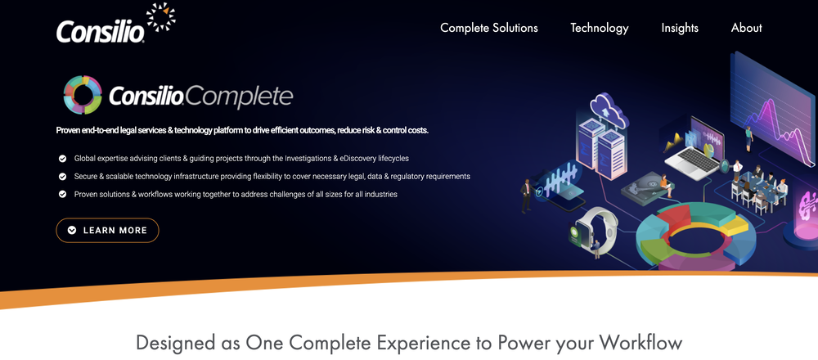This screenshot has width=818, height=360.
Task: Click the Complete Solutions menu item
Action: coord(488,28)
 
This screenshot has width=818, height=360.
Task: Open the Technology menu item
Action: coord(599,28)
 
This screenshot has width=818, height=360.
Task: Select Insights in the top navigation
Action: coord(680,28)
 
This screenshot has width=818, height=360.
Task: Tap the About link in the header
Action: coord(746,28)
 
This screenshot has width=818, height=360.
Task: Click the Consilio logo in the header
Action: coord(100,31)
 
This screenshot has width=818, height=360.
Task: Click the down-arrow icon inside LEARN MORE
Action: coord(72,231)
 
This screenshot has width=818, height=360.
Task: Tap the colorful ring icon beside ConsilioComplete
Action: coord(82,94)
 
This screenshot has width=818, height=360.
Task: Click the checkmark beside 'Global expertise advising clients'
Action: coord(62,158)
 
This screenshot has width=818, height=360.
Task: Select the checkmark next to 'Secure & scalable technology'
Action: coord(62,176)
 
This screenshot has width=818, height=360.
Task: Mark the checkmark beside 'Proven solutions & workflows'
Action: coord(62,194)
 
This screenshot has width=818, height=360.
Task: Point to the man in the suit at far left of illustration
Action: coord(526,196)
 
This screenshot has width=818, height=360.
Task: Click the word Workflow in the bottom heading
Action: coord(640,342)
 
